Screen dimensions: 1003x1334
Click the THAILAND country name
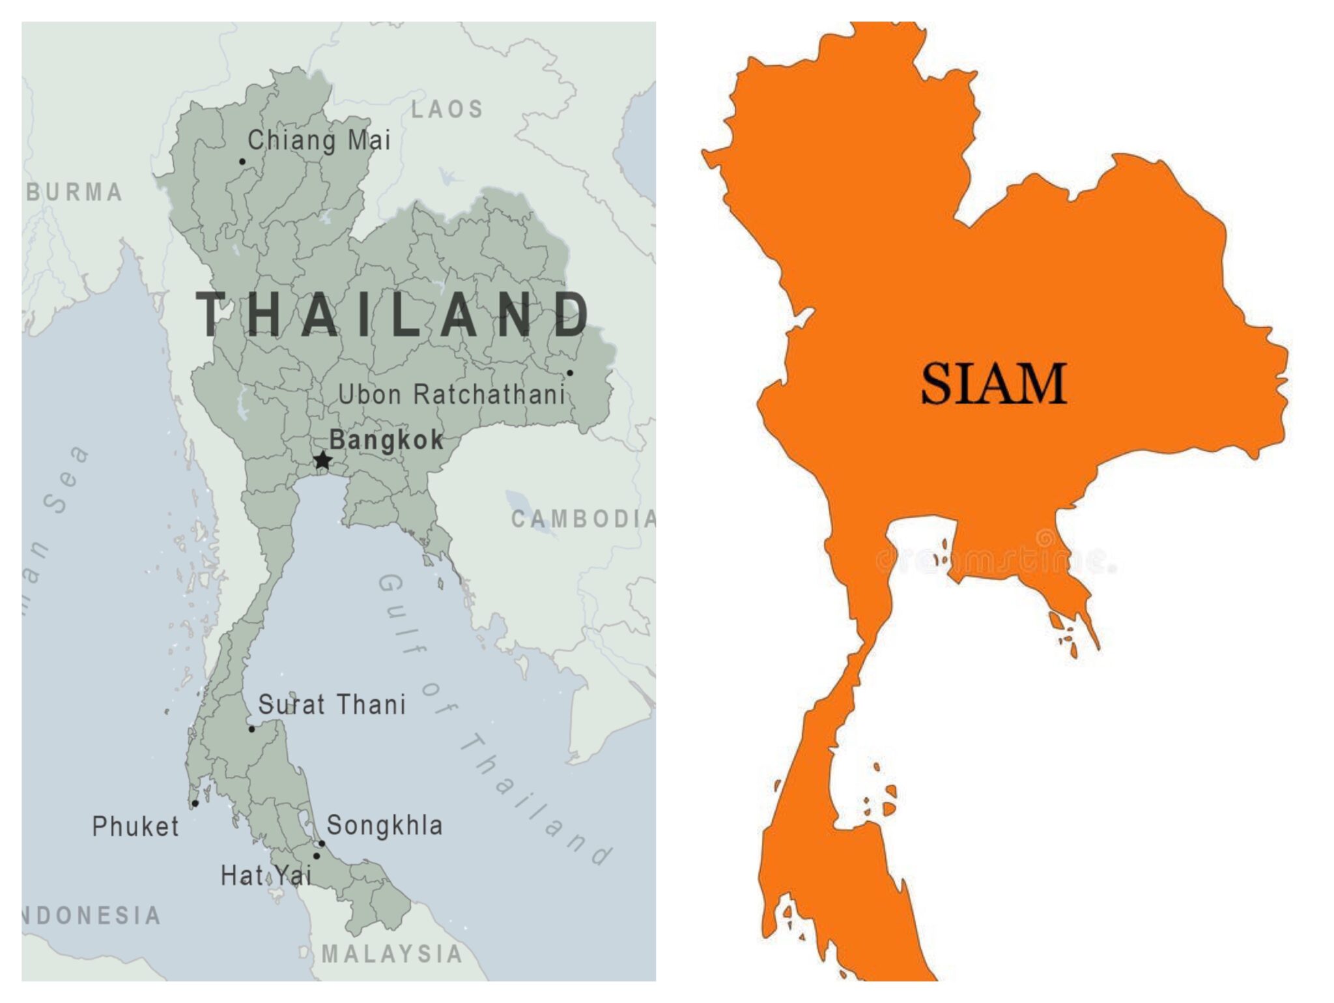393,314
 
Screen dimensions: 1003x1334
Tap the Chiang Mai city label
319,140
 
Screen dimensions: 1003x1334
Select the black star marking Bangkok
322,460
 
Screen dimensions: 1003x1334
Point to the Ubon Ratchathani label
451,394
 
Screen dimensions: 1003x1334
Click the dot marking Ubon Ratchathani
569,373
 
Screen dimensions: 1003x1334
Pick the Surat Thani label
332,705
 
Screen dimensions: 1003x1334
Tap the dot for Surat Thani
252,729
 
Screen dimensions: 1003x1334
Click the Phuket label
135,826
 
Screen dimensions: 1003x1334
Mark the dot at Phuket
195,804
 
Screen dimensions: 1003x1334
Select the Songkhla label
384,825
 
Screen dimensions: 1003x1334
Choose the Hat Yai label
266,875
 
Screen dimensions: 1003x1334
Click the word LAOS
447,109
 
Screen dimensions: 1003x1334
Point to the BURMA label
74,192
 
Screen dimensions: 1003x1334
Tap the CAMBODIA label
583,519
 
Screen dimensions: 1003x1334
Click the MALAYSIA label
392,954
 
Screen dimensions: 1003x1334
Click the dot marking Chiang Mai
242,162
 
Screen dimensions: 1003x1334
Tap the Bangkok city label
386,440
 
